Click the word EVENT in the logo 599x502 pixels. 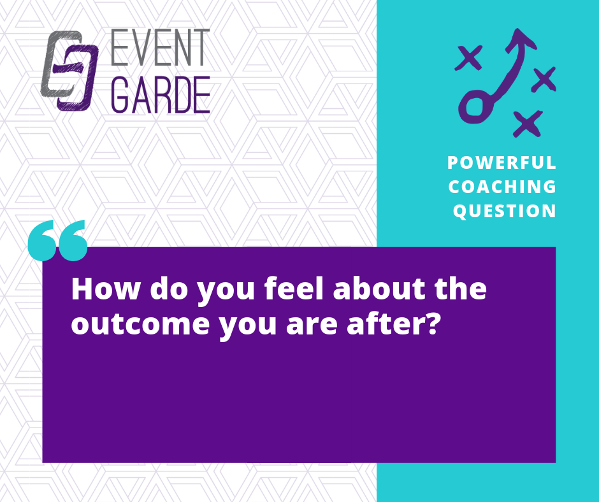pyautogui.click(x=161, y=47)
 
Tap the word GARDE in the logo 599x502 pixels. pyautogui.click(x=161, y=95)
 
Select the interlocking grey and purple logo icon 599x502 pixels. pyautogui.click(x=69, y=71)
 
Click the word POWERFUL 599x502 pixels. pyautogui.click(x=502, y=162)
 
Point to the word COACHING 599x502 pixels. pyautogui.click(x=502, y=187)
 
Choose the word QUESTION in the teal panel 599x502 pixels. pyautogui.click(x=504, y=211)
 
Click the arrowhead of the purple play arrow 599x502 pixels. pyautogui.click(x=520, y=39)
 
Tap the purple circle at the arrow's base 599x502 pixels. pyautogui.click(x=475, y=106)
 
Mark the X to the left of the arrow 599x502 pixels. pyautogui.click(x=469, y=58)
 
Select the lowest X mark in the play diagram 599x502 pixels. pyautogui.click(x=528, y=124)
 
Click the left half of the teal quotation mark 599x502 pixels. pyautogui.click(x=42, y=241)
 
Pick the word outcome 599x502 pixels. pyautogui.click(x=140, y=324)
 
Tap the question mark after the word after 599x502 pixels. pyautogui.click(x=433, y=324)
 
